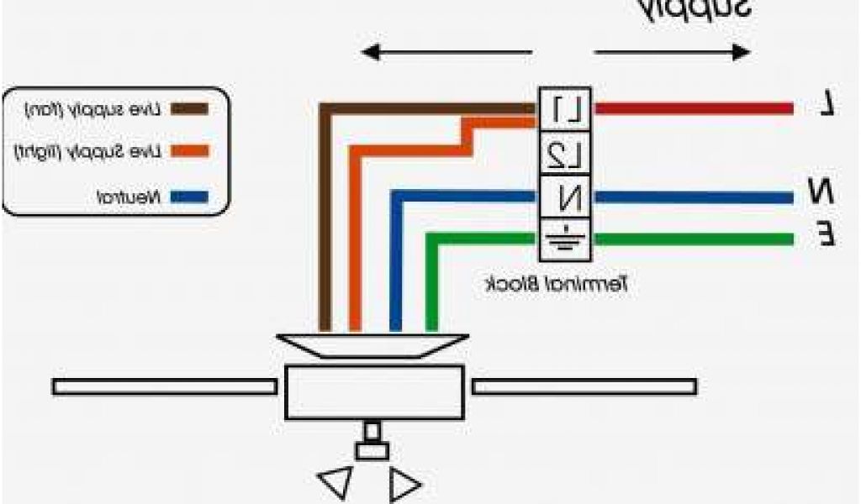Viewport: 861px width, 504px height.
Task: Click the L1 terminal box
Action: (565, 108)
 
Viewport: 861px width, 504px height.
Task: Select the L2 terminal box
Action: (565, 154)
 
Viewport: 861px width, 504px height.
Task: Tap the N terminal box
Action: (565, 198)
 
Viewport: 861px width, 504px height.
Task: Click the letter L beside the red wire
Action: (827, 104)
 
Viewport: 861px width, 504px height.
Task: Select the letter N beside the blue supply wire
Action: (821, 191)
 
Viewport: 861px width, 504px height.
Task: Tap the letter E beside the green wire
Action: (827, 234)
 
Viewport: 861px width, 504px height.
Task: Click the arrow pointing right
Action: (673, 53)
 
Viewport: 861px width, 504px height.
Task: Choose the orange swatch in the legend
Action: (190, 153)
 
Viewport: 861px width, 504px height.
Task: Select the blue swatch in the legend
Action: (190, 198)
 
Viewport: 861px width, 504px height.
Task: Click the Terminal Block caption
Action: (558, 285)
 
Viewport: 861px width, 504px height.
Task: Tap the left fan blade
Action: (164, 386)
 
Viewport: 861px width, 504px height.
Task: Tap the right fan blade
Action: (584, 386)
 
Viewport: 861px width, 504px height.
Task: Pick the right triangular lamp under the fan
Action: (404, 485)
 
